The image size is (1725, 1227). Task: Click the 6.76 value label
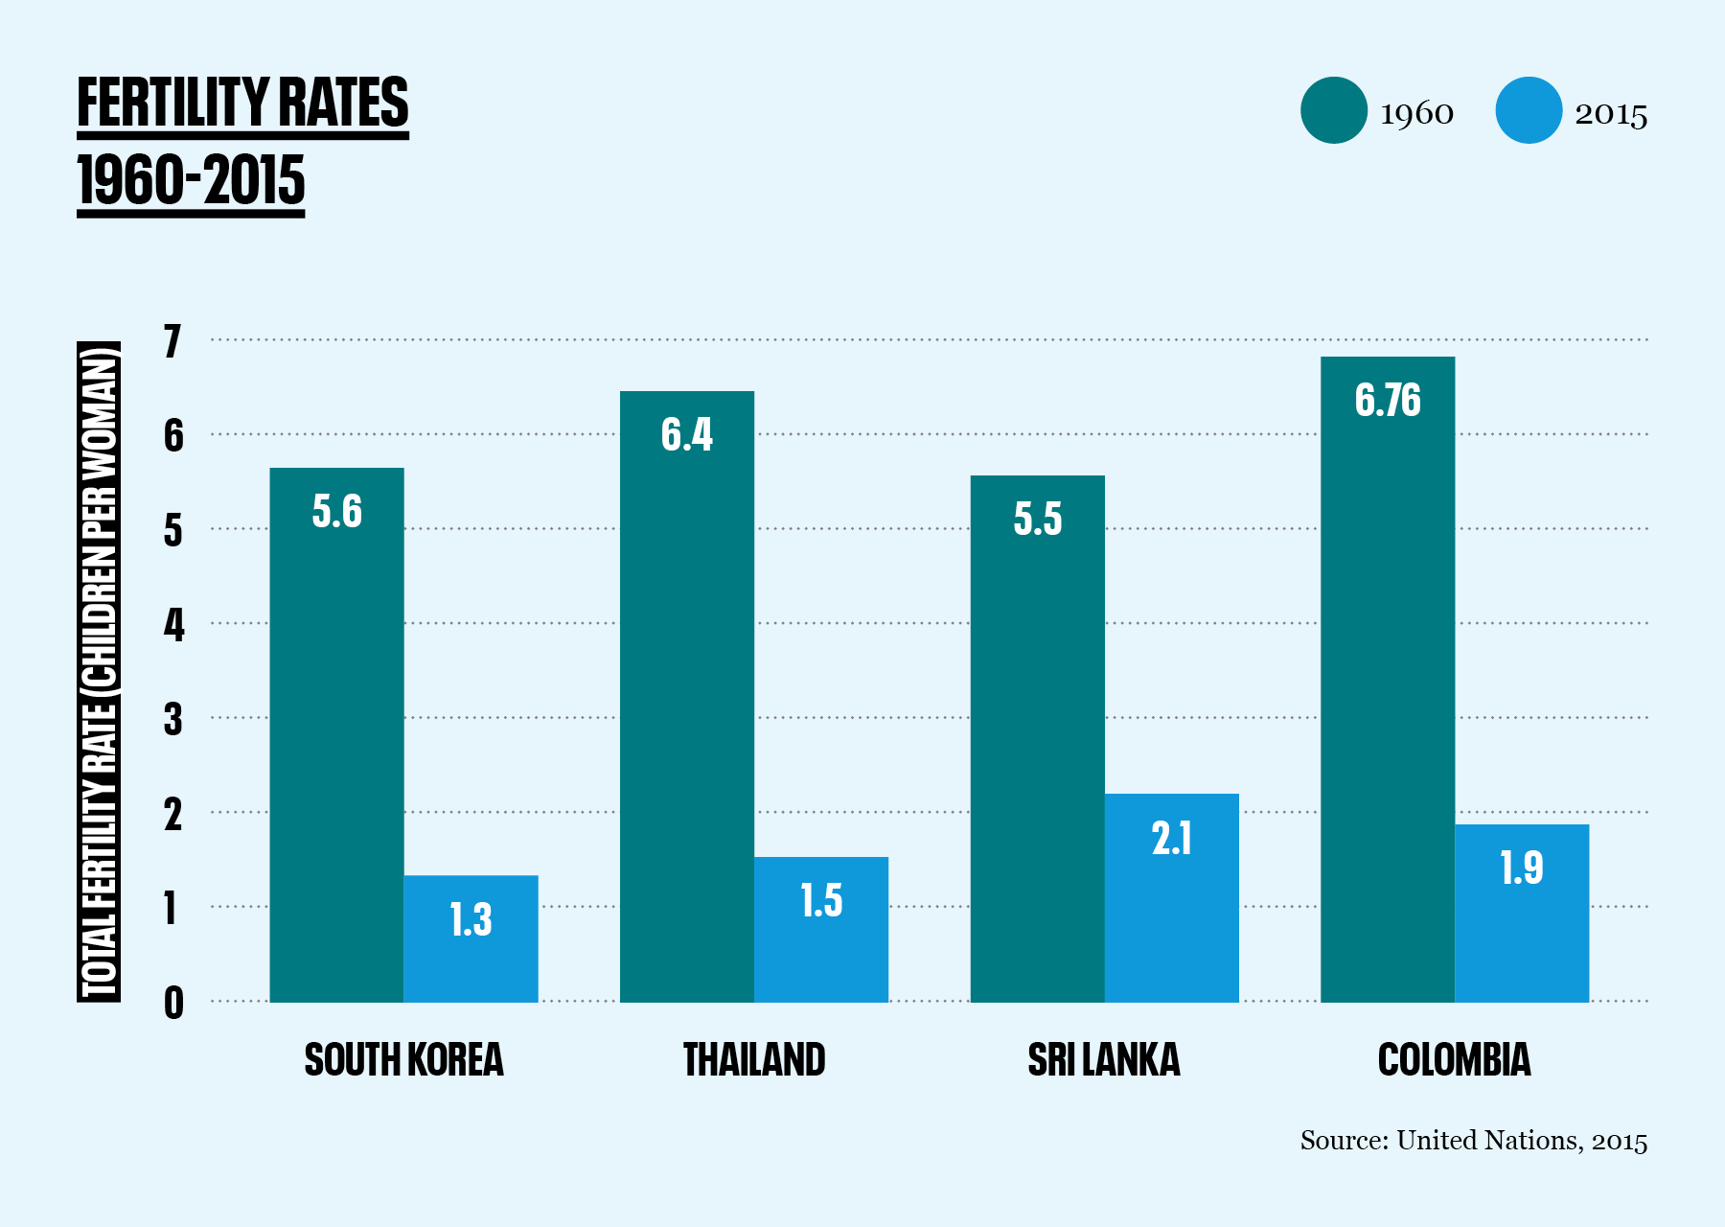coord(1388,400)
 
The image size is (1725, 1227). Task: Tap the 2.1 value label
coord(1171,839)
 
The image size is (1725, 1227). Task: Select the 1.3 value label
coord(471,919)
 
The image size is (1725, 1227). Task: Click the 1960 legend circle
coord(1333,110)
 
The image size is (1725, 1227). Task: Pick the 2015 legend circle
coord(1529,110)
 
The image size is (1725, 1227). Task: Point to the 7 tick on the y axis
coord(172,341)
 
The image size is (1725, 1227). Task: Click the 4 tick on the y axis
coord(172,625)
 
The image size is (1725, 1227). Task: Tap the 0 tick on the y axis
coord(172,1003)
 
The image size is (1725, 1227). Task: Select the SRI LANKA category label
coord(1104,1060)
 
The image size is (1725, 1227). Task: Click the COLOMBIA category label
coord(1454,1060)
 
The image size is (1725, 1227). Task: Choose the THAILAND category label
coord(754,1060)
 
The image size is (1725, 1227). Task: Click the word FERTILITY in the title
coord(172,103)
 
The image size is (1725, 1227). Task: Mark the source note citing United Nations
coord(1473,1141)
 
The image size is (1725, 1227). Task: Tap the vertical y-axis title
coord(99,671)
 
